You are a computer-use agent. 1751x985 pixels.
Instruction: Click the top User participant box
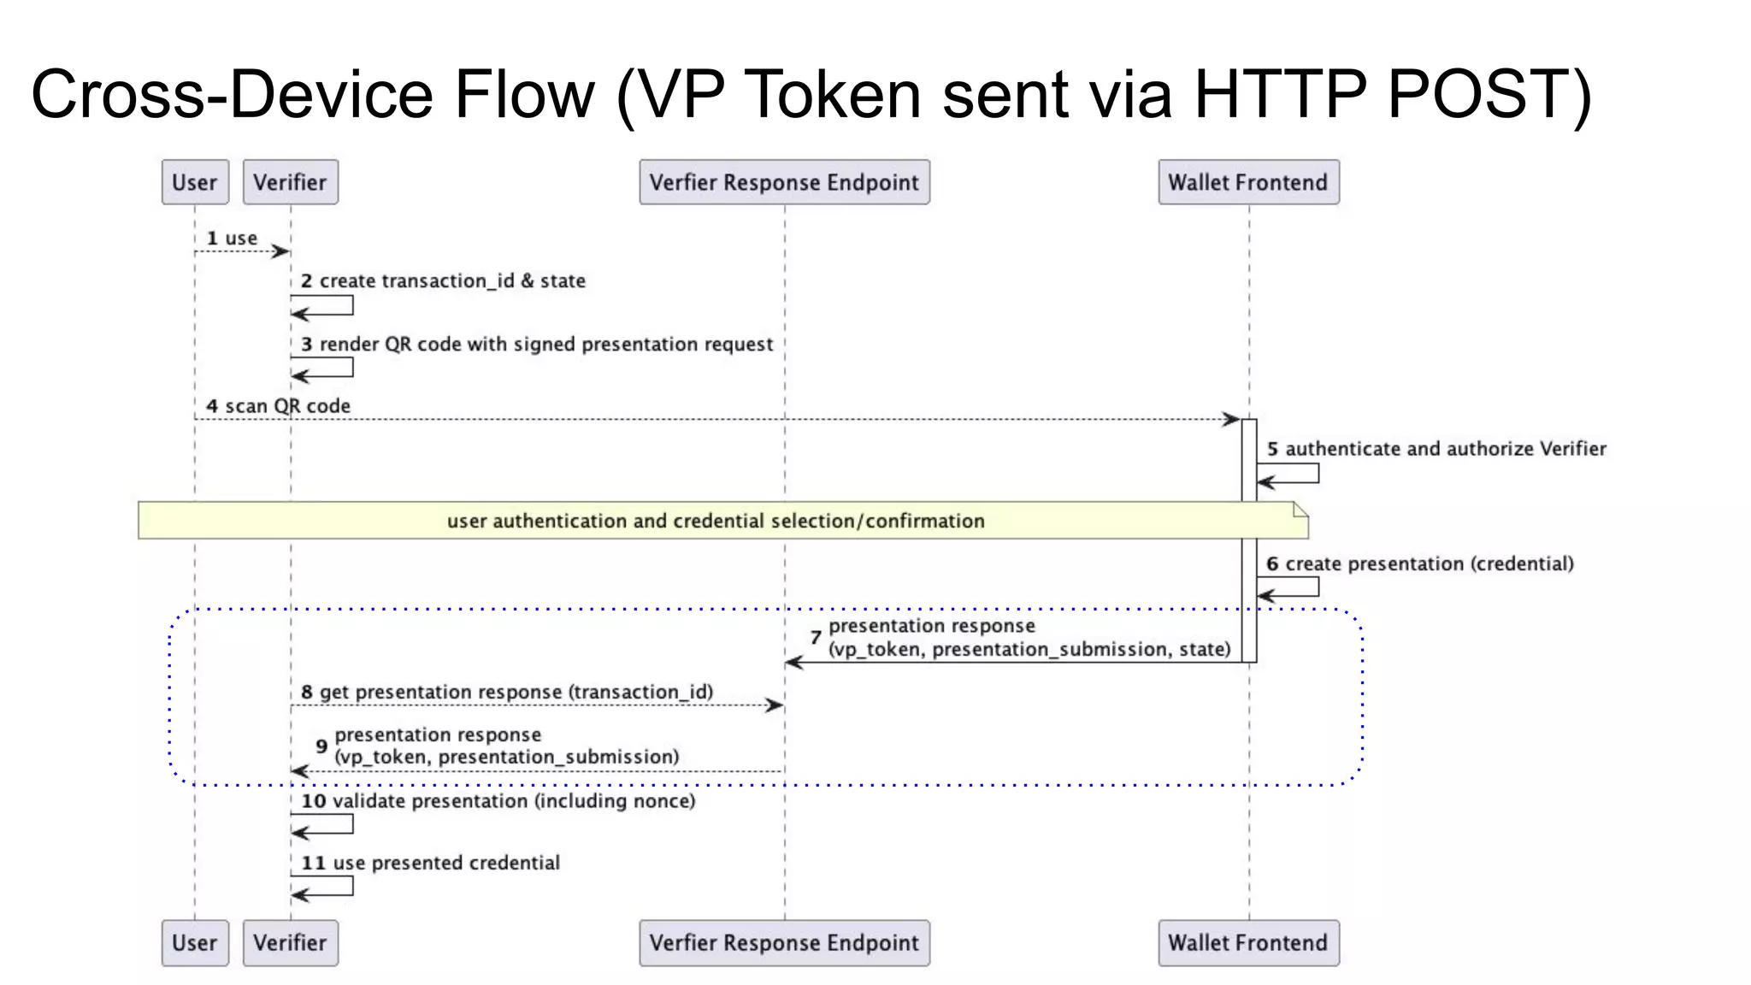coord(195,182)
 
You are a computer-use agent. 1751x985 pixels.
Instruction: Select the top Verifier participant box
coord(290,182)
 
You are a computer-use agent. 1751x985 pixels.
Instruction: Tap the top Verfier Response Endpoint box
coord(784,182)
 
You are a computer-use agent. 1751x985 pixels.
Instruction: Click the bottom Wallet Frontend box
coord(1248,942)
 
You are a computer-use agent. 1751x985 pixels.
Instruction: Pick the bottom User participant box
coord(195,942)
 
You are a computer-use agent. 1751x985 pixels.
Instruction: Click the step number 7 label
coord(816,638)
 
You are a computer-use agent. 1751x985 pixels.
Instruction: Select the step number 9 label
coord(321,746)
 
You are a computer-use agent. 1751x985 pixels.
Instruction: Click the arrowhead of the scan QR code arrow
coord(1232,419)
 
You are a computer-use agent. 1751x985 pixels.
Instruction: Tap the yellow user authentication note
coord(722,521)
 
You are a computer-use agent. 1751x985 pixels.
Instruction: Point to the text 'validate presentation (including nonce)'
coord(513,801)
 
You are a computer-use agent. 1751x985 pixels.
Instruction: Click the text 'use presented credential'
coord(445,863)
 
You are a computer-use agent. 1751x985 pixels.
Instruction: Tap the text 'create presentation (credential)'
coord(1429,563)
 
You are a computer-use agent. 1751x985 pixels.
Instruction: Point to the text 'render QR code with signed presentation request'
coord(545,345)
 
